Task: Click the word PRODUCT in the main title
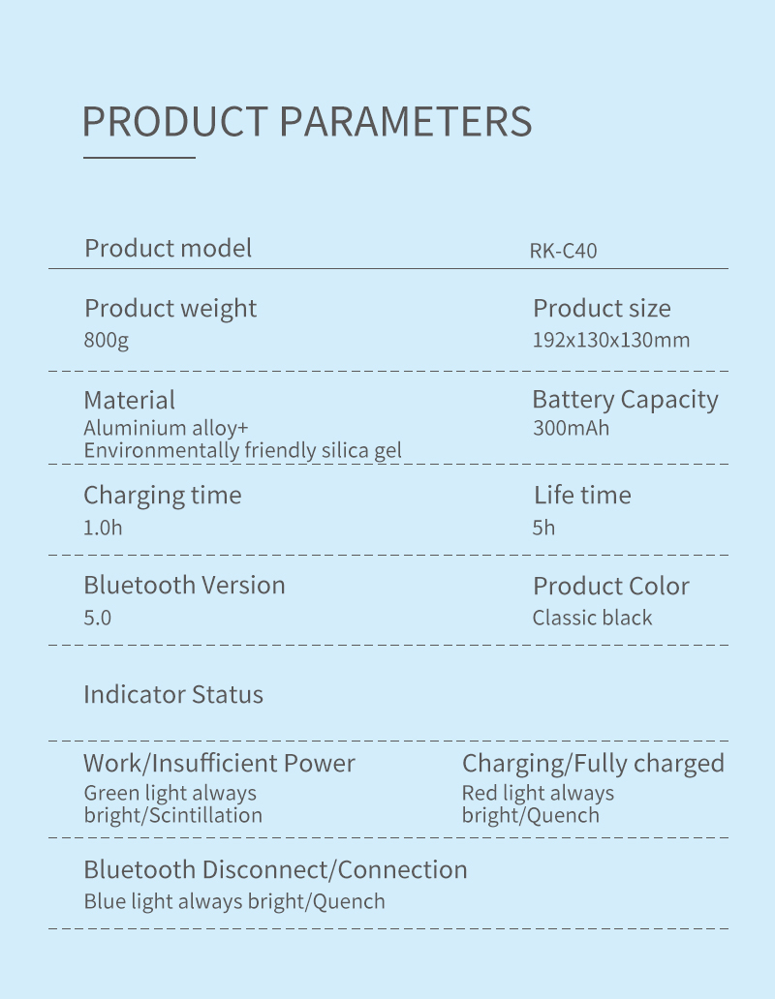[x=174, y=121]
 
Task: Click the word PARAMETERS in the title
[x=406, y=121]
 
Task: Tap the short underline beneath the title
[x=139, y=157]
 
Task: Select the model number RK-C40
[x=564, y=251]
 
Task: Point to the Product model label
[x=169, y=248]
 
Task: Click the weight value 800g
[x=106, y=340]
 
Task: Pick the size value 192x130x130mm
[x=611, y=340]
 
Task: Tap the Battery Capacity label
[x=625, y=400]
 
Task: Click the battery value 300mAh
[x=571, y=428]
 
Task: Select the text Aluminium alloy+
[x=166, y=428]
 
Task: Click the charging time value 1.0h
[x=103, y=528]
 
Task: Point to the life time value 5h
[x=543, y=528]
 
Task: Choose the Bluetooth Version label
[x=184, y=585]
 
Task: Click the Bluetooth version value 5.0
[x=98, y=618]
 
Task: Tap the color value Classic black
[x=592, y=618]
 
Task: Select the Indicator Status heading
[x=173, y=694]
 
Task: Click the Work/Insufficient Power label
[x=219, y=763]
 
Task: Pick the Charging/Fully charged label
[x=593, y=764]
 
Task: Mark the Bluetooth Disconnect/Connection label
[x=275, y=869]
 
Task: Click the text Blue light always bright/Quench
[x=234, y=901]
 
